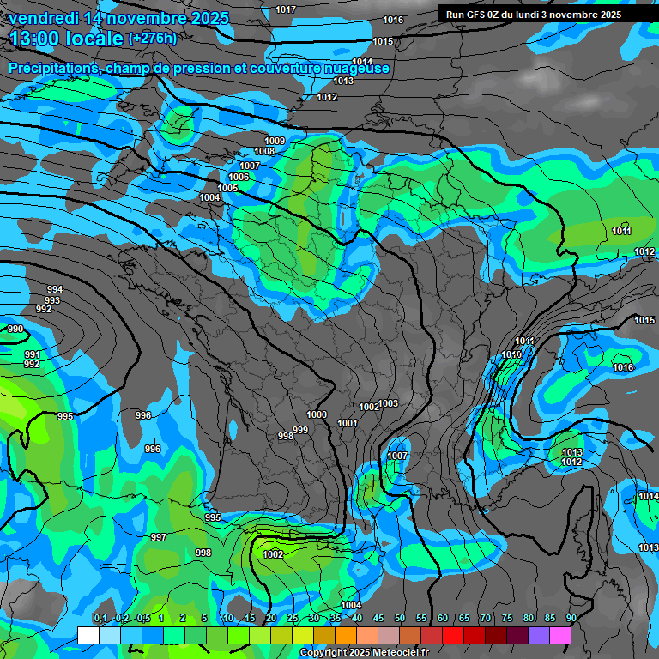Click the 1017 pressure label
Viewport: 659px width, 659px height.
click(x=286, y=9)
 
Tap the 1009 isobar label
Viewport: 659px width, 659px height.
click(x=275, y=141)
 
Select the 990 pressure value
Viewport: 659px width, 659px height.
click(x=15, y=329)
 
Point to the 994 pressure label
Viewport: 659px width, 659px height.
click(x=54, y=289)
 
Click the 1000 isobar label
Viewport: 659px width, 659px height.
click(x=317, y=414)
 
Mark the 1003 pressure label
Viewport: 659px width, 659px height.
click(x=388, y=403)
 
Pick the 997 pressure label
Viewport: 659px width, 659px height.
click(x=158, y=537)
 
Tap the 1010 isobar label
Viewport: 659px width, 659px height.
click(x=511, y=354)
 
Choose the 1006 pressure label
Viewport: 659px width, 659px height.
click(x=239, y=177)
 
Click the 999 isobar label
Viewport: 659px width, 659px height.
click(x=300, y=430)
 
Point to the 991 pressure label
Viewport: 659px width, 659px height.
click(x=32, y=354)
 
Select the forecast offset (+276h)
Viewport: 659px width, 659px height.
click(x=152, y=38)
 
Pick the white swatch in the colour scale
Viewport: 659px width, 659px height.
click(x=88, y=636)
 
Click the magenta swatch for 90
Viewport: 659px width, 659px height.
click(x=560, y=636)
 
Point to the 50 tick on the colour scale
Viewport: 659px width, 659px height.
click(x=400, y=618)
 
